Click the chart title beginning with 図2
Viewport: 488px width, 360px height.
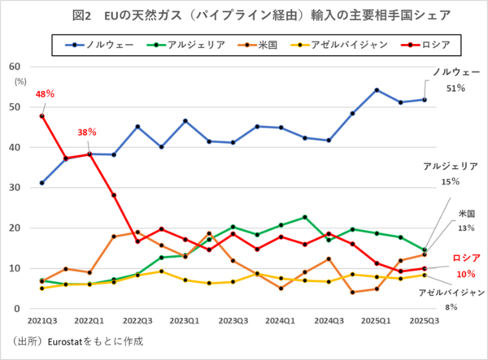243,15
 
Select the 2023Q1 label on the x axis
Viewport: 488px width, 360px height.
185,320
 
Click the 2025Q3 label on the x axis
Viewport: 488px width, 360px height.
425,320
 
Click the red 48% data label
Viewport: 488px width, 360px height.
45,95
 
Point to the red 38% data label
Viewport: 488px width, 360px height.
87,132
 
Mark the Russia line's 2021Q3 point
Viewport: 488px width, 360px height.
41,115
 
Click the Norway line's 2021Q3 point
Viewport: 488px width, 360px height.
41,183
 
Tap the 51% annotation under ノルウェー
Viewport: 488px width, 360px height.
458,88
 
